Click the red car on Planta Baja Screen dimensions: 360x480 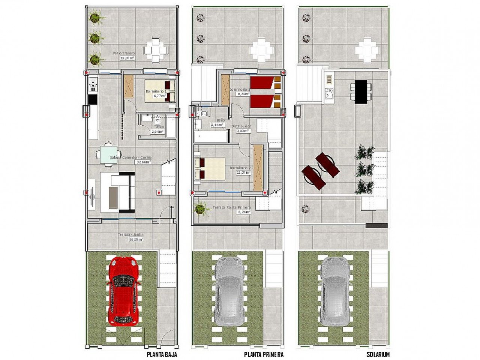point(124,291)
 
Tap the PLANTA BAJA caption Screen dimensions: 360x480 point(162,354)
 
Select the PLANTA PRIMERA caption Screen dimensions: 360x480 point(264,354)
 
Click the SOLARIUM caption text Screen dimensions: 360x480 point(378,354)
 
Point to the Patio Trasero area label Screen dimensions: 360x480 point(124,55)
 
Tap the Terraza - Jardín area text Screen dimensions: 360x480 point(131,237)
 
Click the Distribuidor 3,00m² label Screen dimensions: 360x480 point(241,129)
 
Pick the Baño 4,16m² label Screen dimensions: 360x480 point(218,123)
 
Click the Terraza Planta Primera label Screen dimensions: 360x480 point(232,209)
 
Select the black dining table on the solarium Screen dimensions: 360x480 point(361,91)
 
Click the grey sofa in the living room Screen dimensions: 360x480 point(117,192)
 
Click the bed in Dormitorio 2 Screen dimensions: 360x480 point(209,168)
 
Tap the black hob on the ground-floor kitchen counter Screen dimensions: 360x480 point(93,99)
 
